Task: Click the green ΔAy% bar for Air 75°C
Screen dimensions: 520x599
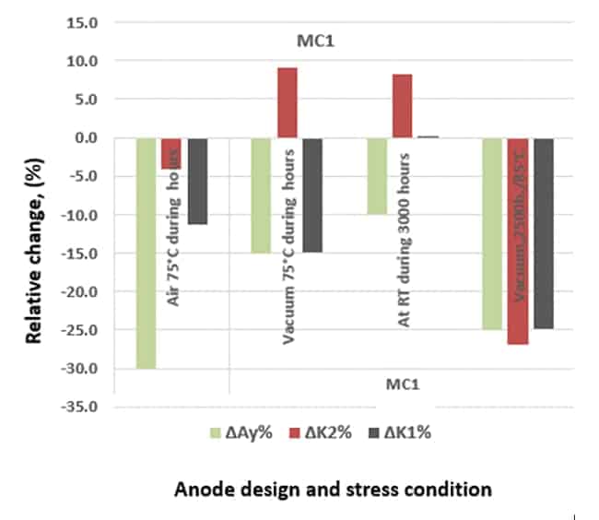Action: pyautogui.click(x=147, y=253)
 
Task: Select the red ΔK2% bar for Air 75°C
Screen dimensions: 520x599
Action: pyautogui.click(x=170, y=153)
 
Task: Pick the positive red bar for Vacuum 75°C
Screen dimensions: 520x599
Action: pyautogui.click(x=287, y=102)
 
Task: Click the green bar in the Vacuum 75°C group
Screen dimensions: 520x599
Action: pyautogui.click(x=262, y=195)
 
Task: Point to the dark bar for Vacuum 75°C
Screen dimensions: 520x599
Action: pyautogui.click(x=311, y=195)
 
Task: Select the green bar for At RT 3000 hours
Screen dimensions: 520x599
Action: pyautogui.click(x=377, y=175)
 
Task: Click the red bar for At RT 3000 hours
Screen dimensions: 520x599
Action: pyautogui.click(x=402, y=106)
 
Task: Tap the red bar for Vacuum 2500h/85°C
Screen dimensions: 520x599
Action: pyautogui.click(x=518, y=241)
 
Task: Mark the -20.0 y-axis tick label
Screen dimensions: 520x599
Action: pyautogui.click(x=81, y=291)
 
